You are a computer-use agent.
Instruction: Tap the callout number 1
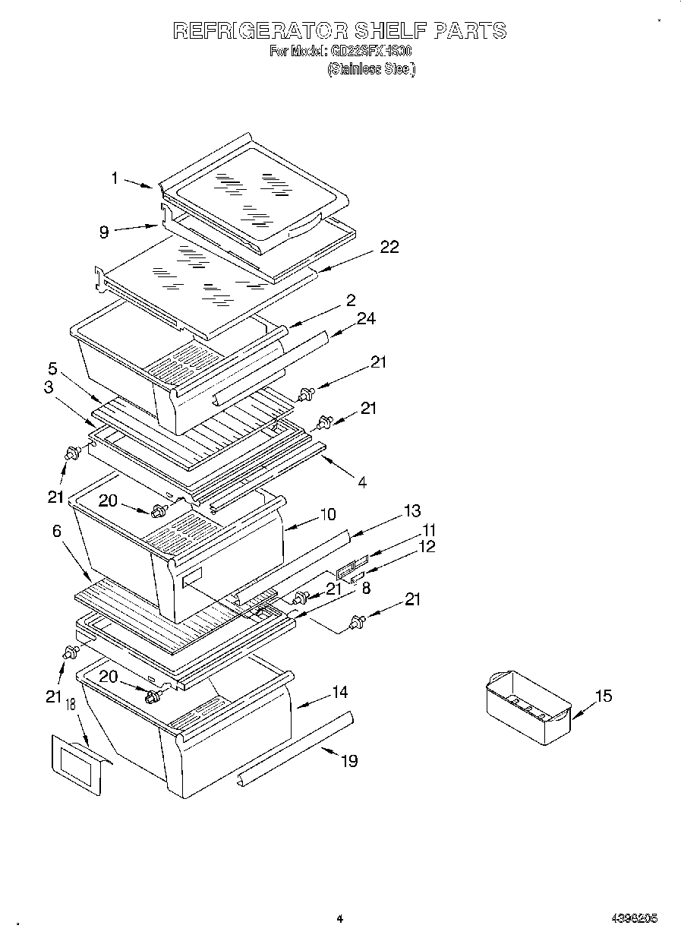115,178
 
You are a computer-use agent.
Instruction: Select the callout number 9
104,232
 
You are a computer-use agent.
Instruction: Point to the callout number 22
389,247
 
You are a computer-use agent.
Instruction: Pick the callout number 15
603,696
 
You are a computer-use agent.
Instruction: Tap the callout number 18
71,706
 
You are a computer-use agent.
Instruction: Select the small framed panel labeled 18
78,765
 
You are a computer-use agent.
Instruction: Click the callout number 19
348,760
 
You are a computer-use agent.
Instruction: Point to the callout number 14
339,692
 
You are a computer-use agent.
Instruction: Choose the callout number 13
412,510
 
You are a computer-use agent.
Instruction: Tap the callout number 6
57,532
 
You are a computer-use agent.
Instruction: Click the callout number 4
362,482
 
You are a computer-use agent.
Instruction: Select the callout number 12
427,546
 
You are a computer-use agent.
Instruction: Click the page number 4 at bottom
340,919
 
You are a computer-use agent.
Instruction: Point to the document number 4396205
633,919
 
